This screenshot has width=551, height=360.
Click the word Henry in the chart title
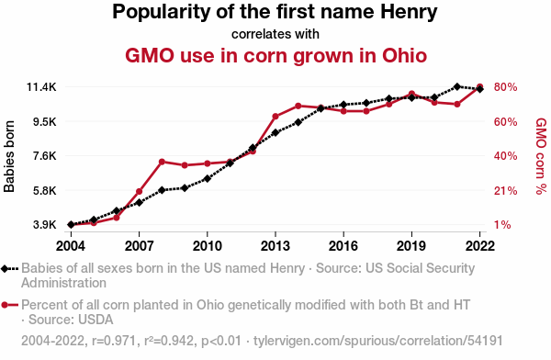click(x=409, y=12)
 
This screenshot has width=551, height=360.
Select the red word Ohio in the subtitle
click(x=404, y=56)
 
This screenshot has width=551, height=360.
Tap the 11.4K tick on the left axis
click(x=41, y=87)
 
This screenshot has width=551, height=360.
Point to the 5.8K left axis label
click(x=45, y=191)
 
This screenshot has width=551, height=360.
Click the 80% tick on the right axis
click(x=505, y=87)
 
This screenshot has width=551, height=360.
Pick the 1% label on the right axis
click(x=502, y=225)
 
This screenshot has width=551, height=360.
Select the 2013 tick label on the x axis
click(x=275, y=246)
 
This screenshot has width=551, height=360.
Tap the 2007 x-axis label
click(x=140, y=246)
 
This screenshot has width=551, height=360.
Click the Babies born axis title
click(x=9, y=156)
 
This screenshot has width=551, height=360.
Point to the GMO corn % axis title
click(x=541, y=156)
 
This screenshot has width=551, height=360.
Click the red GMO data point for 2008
click(x=162, y=162)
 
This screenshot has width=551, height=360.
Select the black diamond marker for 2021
click(x=456, y=86)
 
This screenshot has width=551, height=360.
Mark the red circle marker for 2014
click(x=298, y=106)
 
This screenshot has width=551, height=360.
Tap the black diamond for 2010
click(x=208, y=178)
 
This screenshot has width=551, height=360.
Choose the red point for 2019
click(x=411, y=94)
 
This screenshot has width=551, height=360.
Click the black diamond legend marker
click(x=5, y=268)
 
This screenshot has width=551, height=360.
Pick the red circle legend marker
click(x=5, y=305)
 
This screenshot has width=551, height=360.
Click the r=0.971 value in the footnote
click(x=114, y=341)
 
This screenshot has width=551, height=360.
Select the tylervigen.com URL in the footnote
click(x=378, y=341)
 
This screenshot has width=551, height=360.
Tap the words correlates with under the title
click(x=275, y=34)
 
